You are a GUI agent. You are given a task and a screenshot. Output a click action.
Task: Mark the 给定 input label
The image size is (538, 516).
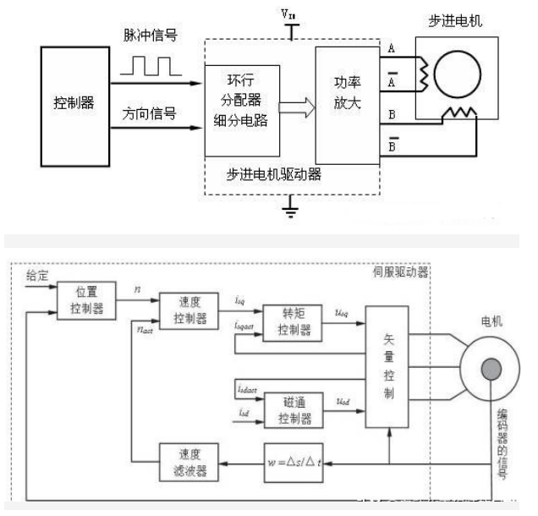click(39, 275)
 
